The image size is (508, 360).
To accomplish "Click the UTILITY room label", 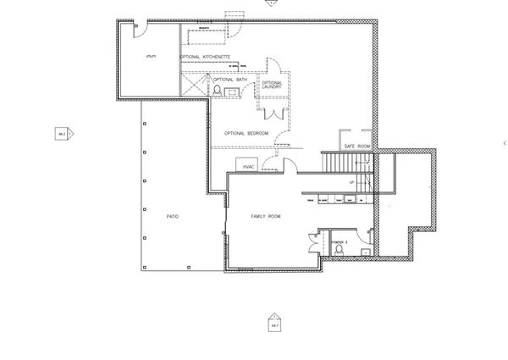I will [151, 55].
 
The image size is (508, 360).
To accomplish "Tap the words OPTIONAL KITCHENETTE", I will [206, 57].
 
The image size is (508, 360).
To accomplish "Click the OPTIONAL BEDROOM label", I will [246, 134].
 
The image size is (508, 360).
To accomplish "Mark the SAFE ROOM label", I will [357, 147].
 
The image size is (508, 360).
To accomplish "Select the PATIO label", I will [172, 217].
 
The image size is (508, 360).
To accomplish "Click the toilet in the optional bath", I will [218, 89].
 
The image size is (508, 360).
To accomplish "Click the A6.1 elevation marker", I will [273, 324].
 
